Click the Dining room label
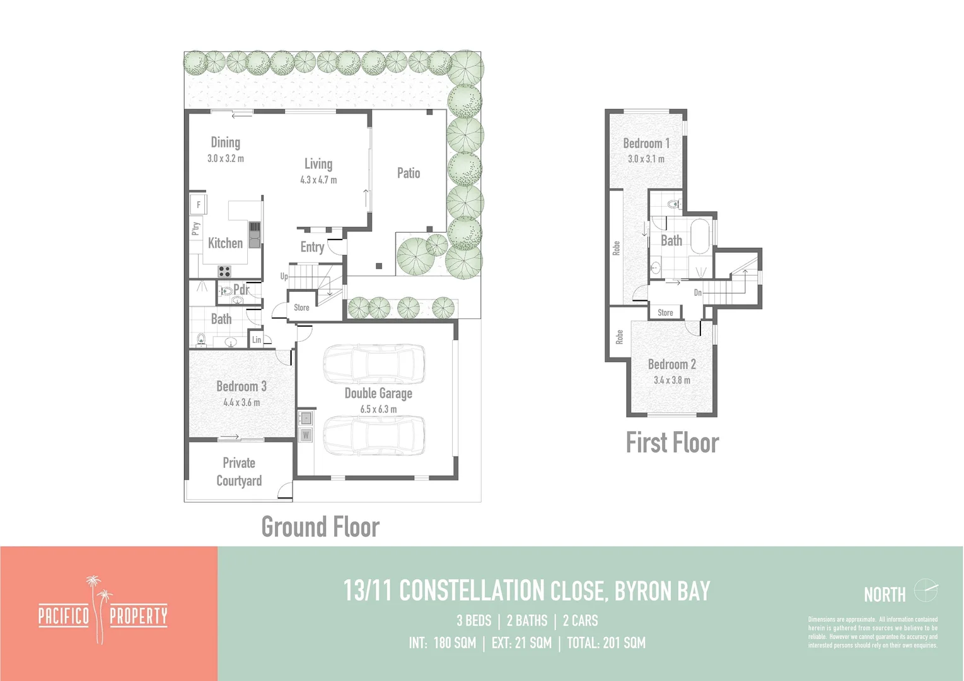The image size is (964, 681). click(x=225, y=143)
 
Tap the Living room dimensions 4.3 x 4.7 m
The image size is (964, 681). click(x=318, y=180)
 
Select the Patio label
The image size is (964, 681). click(x=409, y=173)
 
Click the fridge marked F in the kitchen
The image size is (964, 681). click(x=199, y=204)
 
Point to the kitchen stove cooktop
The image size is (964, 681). click(x=224, y=271)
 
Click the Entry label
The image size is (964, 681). click(x=312, y=247)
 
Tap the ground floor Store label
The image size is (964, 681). click(x=301, y=308)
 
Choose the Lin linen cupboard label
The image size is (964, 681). click(x=257, y=340)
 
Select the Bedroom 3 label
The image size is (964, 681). click(x=241, y=386)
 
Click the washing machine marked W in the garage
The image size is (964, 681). click(x=306, y=434)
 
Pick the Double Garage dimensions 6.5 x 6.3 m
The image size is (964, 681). click(x=378, y=409)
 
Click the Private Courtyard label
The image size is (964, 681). click(x=239, y=472)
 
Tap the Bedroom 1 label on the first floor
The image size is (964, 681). click(x=646, y=143)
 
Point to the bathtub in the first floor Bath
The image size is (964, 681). click(x=700, y=236)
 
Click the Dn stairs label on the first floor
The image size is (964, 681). click(x=698, y=293)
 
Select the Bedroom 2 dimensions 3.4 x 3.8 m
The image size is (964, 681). click(x=672, y=380)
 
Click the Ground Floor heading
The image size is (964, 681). click(x=320, y=527)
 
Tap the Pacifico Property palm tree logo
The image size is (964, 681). click(x=101, y=608)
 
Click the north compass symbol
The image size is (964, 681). click(x=926, y=591)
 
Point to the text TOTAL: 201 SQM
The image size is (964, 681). click(x=606, y=643)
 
